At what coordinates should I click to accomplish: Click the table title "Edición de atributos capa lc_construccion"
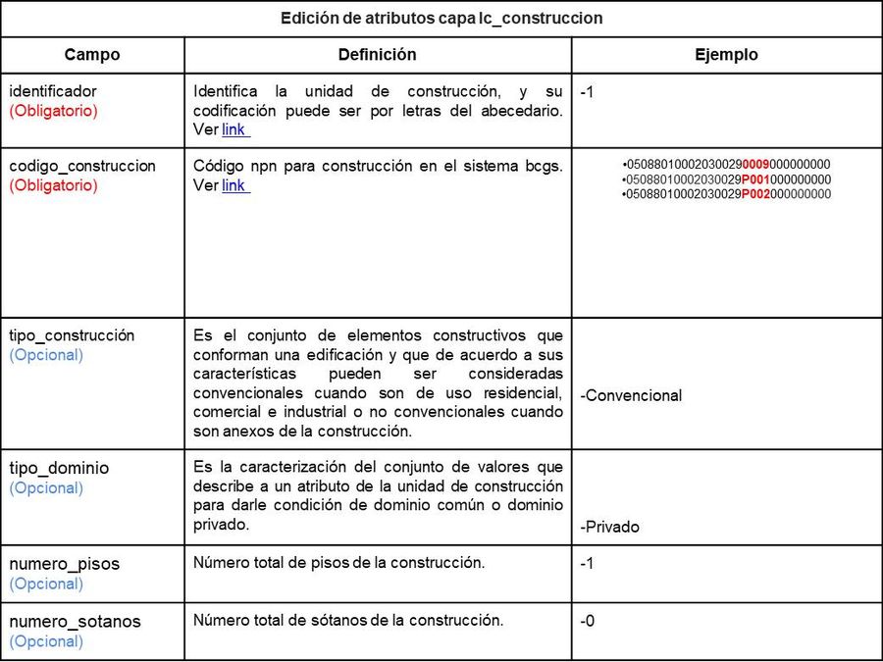(441, 19)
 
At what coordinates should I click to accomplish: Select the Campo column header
(91, 55)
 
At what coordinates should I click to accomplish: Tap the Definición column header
(378, 55)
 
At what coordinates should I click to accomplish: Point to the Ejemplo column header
(726, 55)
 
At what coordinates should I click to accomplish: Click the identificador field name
(53, 91)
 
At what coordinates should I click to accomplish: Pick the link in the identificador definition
(234, 129)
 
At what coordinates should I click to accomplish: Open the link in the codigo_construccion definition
(234, 185)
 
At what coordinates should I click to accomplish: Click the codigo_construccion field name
(82, 166)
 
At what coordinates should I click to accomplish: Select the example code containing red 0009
(727, 164)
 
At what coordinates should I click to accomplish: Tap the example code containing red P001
(727, 179)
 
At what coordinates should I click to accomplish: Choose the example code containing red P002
(727, 194)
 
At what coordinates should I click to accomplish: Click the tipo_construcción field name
(72, 335)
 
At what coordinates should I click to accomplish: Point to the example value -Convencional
(631, 396)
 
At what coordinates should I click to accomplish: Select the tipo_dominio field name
(59, 468)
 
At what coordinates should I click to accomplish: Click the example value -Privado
(609, 527)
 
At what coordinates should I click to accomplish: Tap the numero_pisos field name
(65, 564)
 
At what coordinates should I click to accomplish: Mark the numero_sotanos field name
(75, 622)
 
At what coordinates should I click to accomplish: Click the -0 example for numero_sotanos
(587, 621)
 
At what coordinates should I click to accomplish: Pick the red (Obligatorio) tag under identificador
(54, 111)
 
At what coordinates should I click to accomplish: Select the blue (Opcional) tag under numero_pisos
(46, 584)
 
